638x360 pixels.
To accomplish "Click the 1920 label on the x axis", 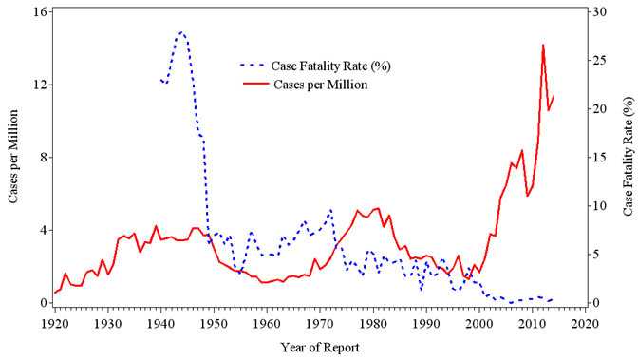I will (54, 323).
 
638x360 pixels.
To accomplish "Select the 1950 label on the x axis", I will (214, 323).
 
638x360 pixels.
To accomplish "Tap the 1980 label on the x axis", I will (373, 323).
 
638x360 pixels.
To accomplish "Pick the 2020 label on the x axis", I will (586, 323).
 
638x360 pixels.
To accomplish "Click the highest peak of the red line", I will (543, 45).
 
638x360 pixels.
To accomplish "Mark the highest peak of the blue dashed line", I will (181, 31).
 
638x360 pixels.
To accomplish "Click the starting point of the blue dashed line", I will (160, 81).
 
